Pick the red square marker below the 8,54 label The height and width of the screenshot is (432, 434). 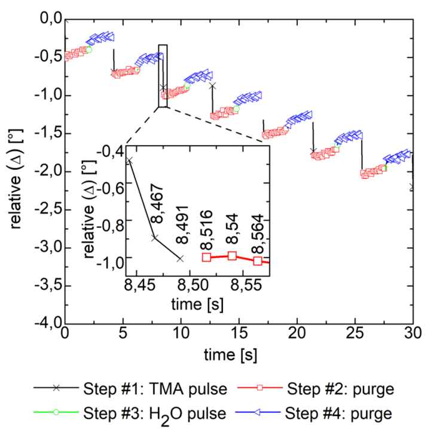click(x=232, y=256)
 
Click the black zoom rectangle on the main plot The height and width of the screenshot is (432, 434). click(x=163, y=76)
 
